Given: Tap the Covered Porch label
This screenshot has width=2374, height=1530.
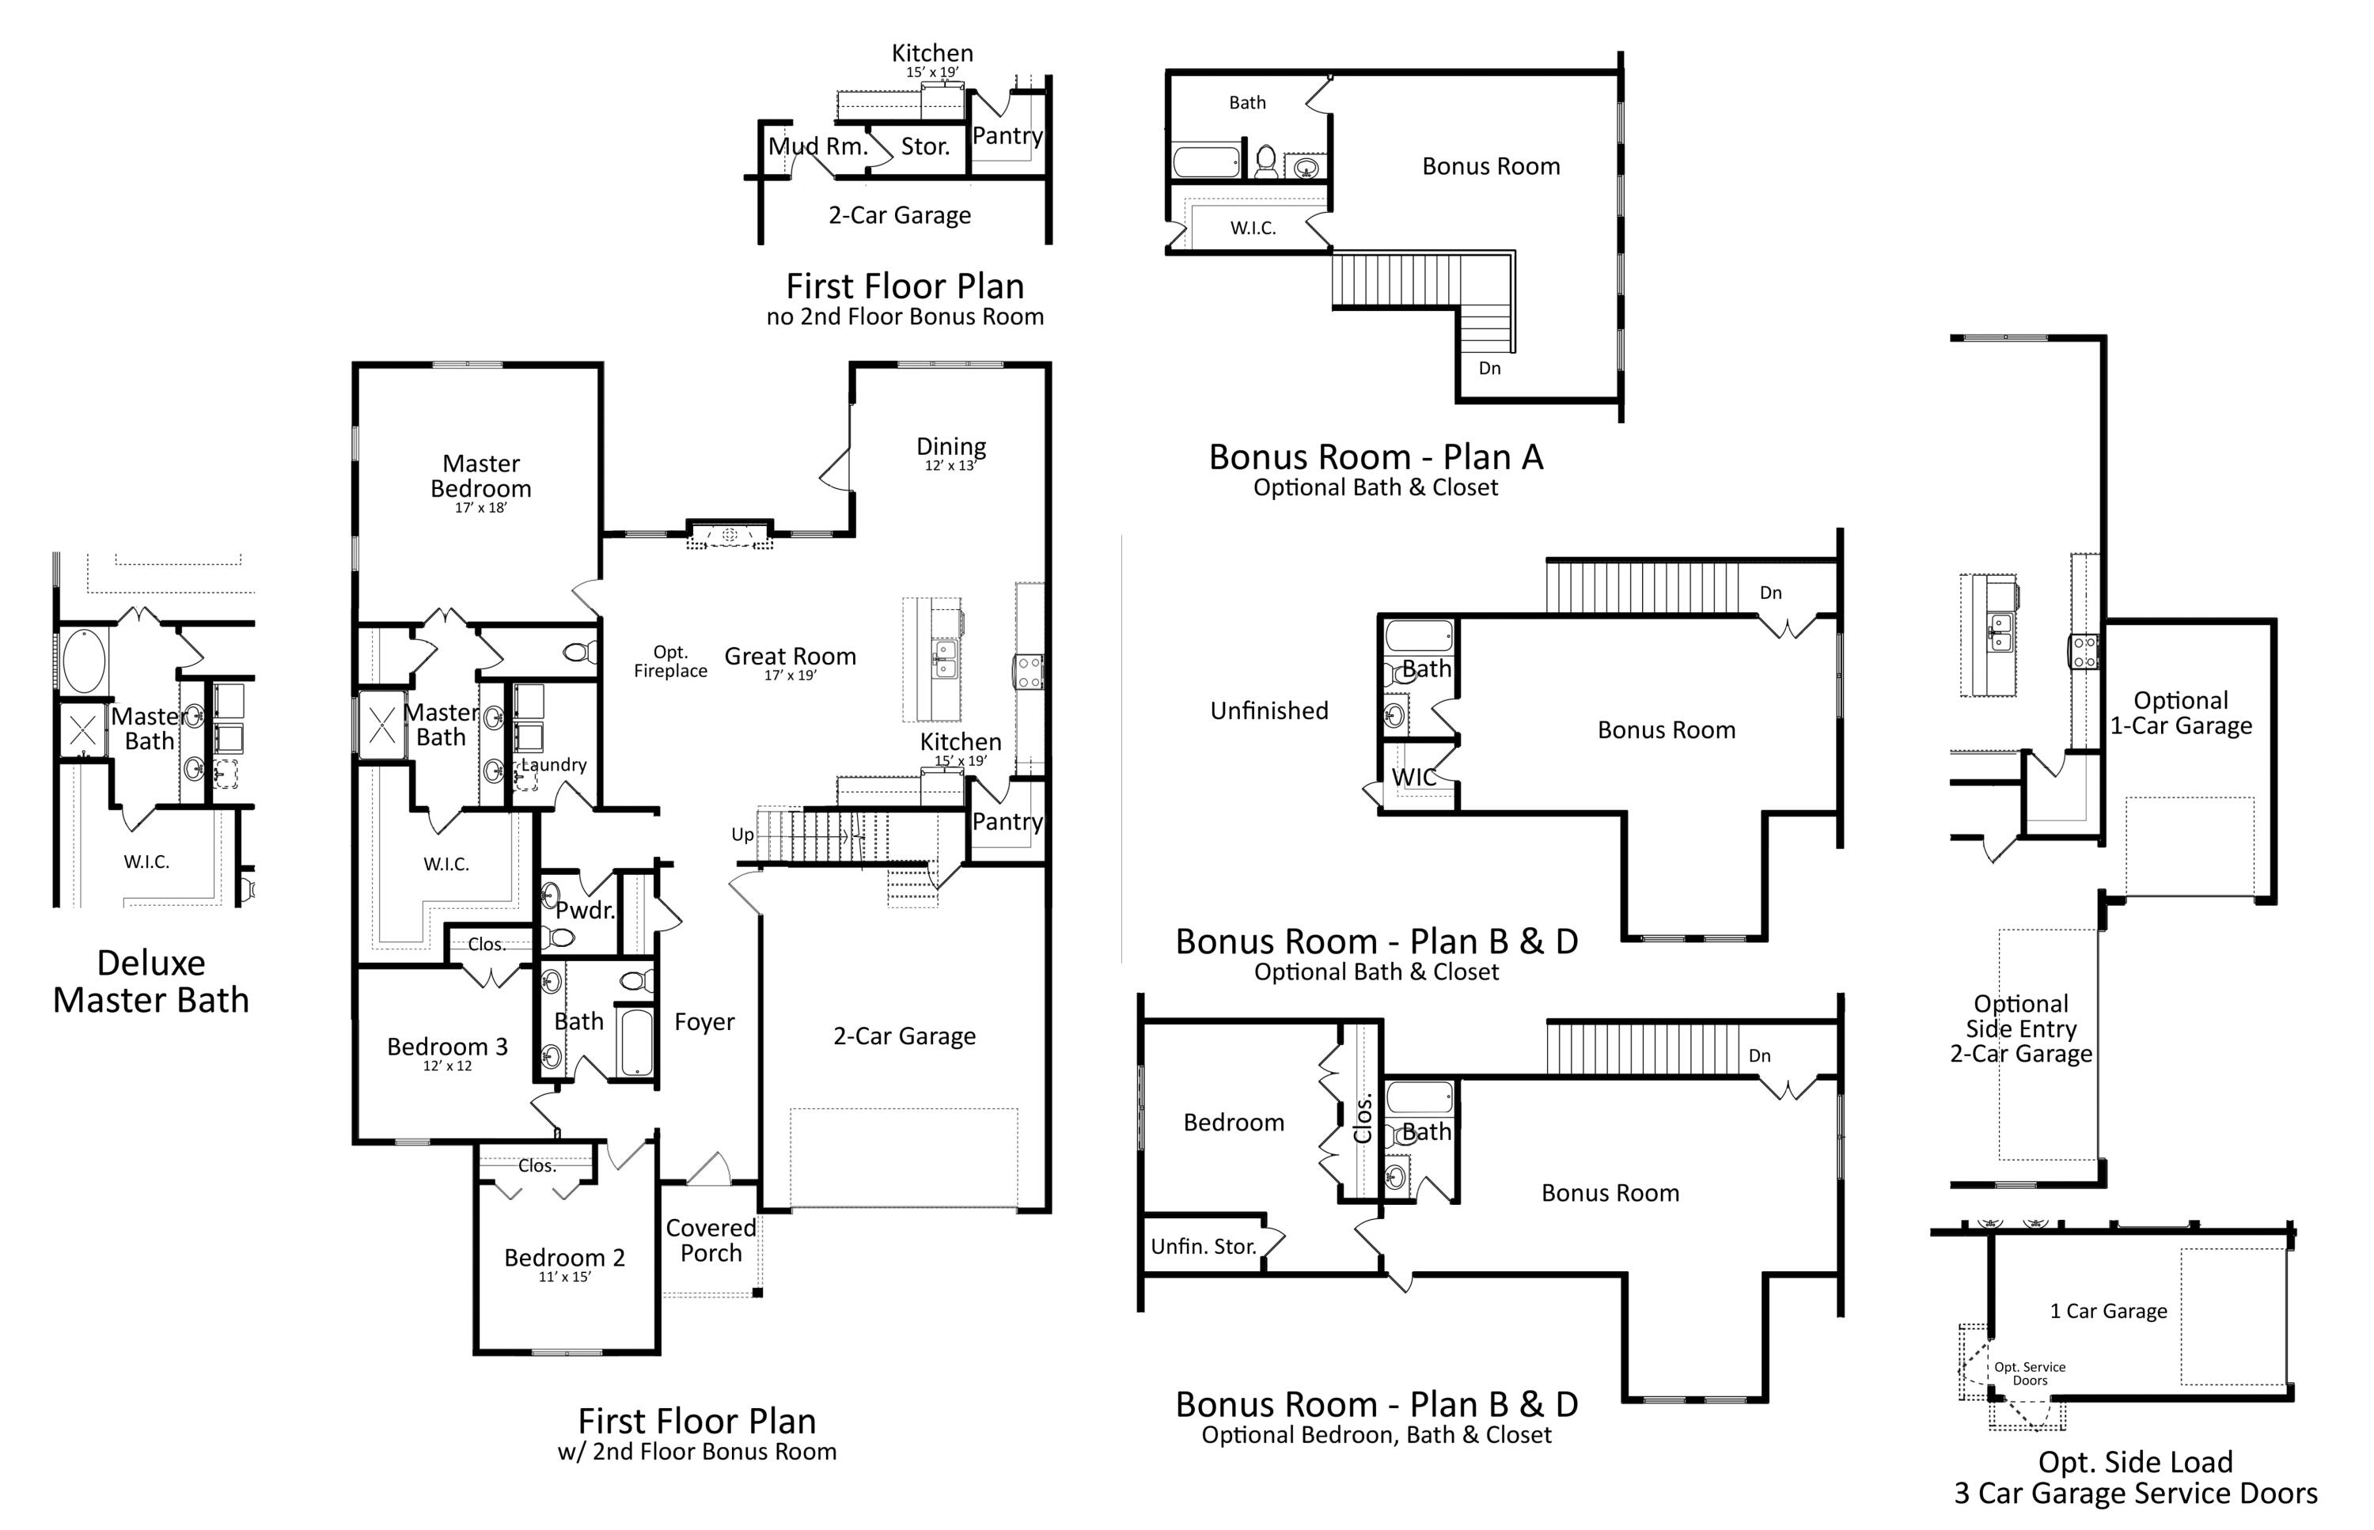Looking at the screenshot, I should point(711,1240).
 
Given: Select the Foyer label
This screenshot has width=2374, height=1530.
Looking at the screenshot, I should point(704,1021).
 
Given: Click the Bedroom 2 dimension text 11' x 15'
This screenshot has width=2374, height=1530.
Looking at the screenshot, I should point(564,1277).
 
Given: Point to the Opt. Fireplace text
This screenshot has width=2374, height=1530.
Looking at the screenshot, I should point(671,661).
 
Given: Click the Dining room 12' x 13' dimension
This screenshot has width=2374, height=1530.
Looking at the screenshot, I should point(951,465).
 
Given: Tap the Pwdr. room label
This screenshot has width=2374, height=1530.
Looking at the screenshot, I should point(584,910).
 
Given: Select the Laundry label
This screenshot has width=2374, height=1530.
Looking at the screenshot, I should point(553,764).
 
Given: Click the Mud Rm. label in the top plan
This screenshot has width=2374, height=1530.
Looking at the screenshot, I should point(817,146).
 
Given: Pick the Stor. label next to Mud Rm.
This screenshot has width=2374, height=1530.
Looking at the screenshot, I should point(925,146).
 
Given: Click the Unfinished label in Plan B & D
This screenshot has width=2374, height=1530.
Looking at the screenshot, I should point(1269,710).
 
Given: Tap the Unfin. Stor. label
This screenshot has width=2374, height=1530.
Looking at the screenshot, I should point(1204,1246).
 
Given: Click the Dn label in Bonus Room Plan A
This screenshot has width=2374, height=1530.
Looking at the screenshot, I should point(1489,368).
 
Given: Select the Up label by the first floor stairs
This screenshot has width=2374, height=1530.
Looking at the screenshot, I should point(742,835).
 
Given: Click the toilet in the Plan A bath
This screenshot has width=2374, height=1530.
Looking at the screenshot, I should point(1266,161).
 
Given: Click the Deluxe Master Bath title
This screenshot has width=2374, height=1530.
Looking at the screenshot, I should point(151,981).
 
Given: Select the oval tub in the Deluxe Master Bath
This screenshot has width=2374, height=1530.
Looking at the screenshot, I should point(83,659).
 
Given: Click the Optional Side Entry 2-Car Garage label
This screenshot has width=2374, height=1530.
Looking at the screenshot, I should point(2020,1028).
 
